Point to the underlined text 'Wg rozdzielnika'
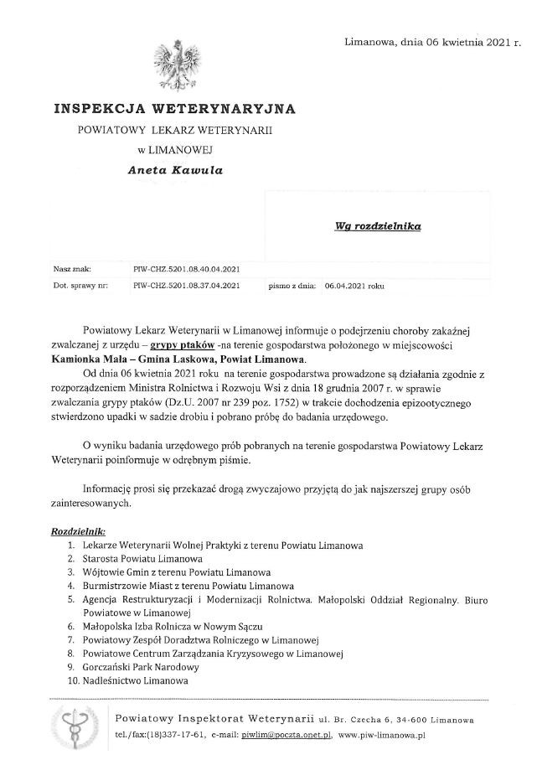(x=380, y=226)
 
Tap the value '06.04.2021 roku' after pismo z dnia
(x=354, y=286)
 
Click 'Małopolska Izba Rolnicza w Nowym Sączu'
(x=173, y=627)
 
